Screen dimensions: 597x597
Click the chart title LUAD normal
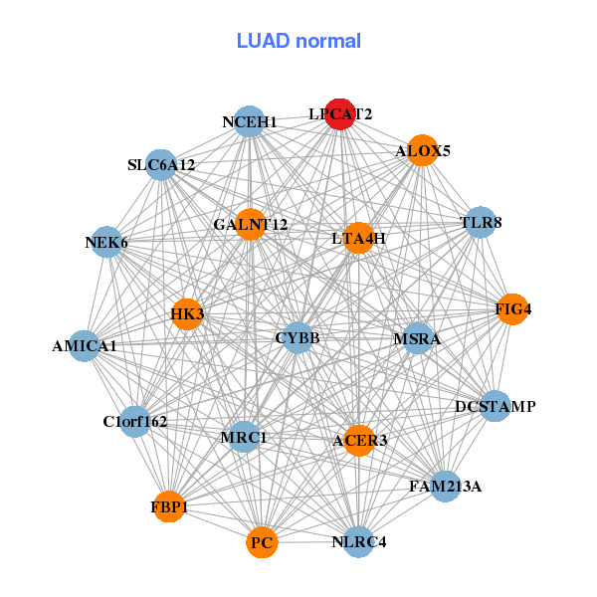coord(298,41)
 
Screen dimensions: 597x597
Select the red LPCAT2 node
coord(341,114)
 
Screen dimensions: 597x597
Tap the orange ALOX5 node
coord(423,150)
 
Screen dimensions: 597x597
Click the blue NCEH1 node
coord(250,121)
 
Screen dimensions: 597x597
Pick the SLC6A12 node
coord(161,164)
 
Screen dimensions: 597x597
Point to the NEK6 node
coord(106,242)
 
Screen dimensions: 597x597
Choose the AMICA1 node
coord(85,346)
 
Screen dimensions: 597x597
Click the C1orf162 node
coord(134,421)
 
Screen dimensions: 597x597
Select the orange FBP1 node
coord(169,506)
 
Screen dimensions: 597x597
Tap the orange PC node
coord(262,542)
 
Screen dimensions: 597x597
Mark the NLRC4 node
coord(358,542)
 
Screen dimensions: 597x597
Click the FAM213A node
coord(445,486)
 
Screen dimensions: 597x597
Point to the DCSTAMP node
coord(496,406)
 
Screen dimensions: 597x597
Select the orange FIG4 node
coord(512,309)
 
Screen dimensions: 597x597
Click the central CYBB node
coord(298,338)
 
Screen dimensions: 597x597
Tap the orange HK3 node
coord(187,314)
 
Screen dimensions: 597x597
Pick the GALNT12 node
coord(250,224)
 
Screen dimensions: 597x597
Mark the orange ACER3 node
coord(359,440)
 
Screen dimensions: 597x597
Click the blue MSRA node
coord(417,338)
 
